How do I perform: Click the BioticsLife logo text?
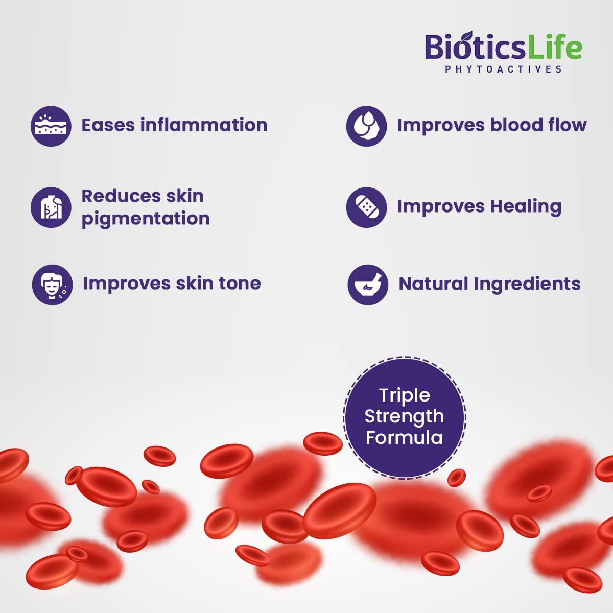coord(503,48)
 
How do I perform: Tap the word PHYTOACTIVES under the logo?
coord(503,69)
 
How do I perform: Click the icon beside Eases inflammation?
coord(51,126)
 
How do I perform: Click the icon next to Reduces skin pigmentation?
coord(51,207)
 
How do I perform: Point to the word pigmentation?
coord(146,219)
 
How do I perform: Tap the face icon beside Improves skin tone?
coord(52,285)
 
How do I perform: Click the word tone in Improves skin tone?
coord(240,283)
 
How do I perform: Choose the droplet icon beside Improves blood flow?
coord(366,126)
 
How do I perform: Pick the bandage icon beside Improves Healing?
coord(366,207)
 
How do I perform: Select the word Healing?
coord(526,206)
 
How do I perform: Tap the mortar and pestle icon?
coord(368,285)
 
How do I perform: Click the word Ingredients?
coord(527,284)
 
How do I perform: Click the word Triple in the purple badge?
coord(404,395)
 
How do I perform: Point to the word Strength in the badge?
coord(404,416)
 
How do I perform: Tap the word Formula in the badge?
coord(404,438)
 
